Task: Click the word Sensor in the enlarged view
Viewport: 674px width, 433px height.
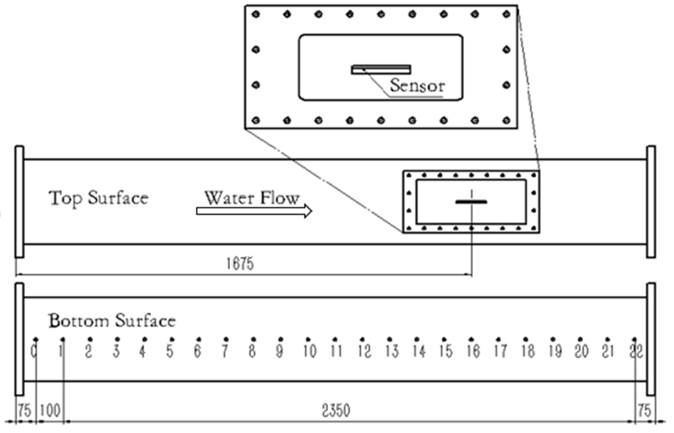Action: (x=417, y=85)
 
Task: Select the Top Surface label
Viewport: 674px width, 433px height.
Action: (x=98, y=198)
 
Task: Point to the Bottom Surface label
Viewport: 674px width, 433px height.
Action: (x=112, y=321)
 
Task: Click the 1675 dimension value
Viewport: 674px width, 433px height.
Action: (x=240, y=264)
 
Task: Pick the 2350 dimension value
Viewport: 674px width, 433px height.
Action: (x=336, y=411)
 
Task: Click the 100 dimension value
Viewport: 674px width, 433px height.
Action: (x=50, y=411)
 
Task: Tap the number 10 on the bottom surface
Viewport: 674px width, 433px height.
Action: (x=310, y=351)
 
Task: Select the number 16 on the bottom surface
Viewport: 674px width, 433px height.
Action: (x=473, y=351)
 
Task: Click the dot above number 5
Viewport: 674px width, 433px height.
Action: (x=172, y=339)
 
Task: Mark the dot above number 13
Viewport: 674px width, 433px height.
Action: (x=389, y=339)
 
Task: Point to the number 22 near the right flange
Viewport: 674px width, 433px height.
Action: (x=636, y=351)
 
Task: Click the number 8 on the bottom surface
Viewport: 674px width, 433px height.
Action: (x=252, y=351)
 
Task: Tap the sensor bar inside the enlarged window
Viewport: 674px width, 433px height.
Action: (x=381, y=69)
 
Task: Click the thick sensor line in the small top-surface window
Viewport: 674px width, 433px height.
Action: (x=471, y=202)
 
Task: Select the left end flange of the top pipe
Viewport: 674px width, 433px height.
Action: (x=19, y=202)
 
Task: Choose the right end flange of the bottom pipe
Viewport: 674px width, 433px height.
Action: (x=651, y=339)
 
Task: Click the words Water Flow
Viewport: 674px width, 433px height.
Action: (x=252, y=198)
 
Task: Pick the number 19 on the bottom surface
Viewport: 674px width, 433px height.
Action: (x=555, y=351)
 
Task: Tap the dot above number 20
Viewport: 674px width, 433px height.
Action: (x=580, y=339)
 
